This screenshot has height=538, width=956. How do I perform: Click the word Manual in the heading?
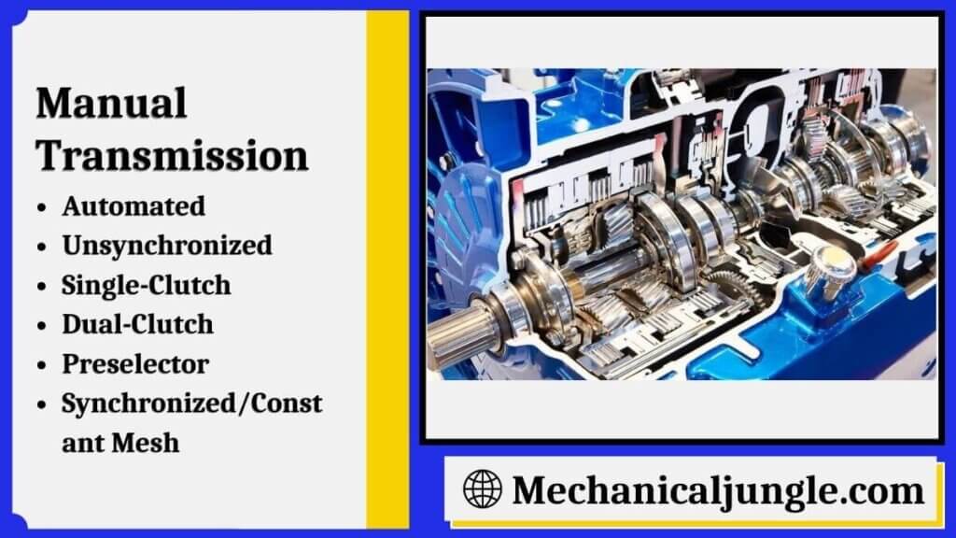click(111, 103)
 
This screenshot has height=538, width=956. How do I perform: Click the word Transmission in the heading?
click(172, 155)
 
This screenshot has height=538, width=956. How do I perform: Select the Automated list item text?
click(134, 205)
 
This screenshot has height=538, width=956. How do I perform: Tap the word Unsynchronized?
click(167, 245)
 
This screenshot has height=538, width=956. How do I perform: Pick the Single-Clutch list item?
click(146, 285)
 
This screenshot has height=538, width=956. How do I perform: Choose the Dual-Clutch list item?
click(137, 324)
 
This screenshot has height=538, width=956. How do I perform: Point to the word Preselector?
click(134, 363)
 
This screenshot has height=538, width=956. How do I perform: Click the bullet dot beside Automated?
click(42, 206)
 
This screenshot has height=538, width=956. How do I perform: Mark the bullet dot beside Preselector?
click(42, 364)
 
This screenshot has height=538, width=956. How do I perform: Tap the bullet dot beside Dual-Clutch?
click(42, 325)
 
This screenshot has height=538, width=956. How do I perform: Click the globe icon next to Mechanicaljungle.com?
click(482, 488)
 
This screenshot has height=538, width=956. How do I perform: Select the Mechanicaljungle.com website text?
click(717, 489)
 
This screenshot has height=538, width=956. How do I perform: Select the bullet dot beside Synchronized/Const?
click(42, 404)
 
